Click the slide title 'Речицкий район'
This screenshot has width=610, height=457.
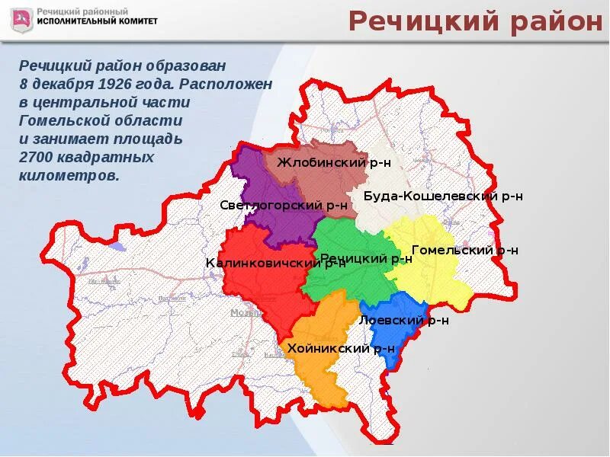475,22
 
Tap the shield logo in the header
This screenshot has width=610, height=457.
22,20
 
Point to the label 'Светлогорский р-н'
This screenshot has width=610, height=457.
284,204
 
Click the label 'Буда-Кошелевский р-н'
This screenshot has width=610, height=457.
443,196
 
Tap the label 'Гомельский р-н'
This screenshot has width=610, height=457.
465,250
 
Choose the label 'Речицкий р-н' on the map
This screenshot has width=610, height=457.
366,259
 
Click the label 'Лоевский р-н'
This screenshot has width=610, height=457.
403,321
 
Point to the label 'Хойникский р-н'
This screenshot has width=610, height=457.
341,349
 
